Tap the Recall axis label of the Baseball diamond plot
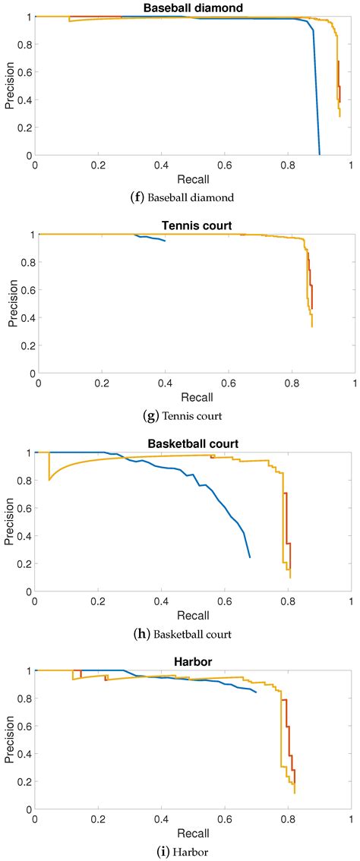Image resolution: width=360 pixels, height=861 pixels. click(193, 180)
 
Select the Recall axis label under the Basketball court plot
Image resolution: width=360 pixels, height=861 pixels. click(193, 616)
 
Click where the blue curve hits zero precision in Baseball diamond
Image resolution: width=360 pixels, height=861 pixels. click(320, 154)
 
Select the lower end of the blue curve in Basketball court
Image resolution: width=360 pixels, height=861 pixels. click(250, 557)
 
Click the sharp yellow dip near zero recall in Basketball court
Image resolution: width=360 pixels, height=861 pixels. click(49, 479)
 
